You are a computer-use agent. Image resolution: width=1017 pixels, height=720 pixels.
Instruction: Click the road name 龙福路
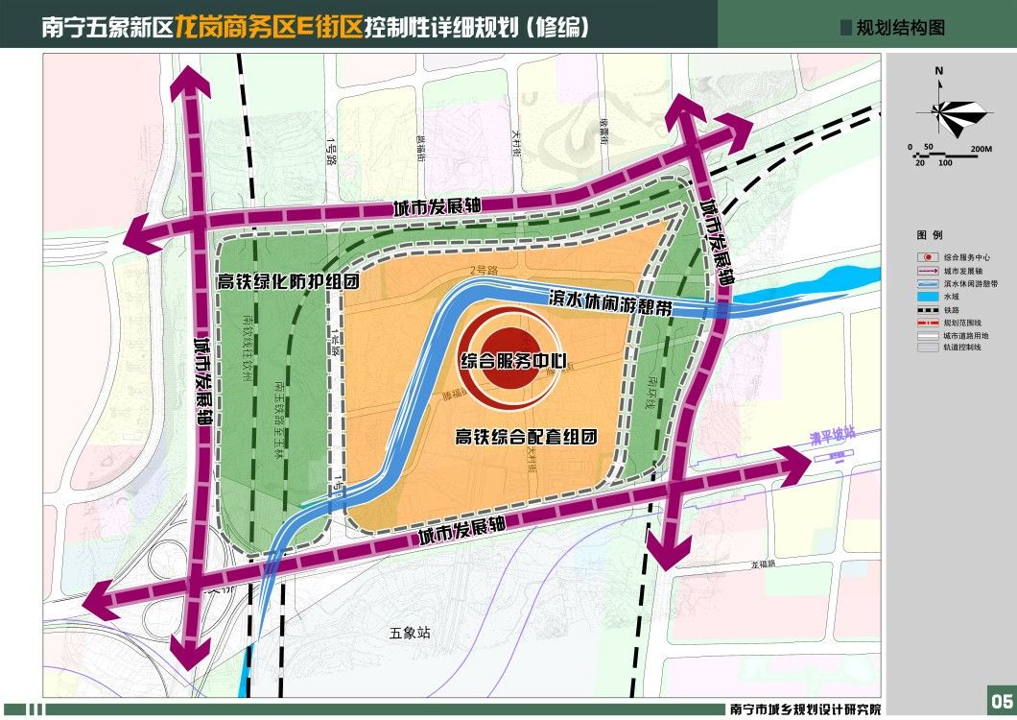(x=764, y=564)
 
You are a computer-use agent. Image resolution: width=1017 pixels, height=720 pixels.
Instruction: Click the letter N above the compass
(x=939, y=71)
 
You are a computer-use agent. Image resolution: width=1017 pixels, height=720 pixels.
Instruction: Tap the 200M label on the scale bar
(x=980, y=149)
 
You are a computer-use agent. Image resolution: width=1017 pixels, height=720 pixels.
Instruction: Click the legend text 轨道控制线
(x=962, y=348)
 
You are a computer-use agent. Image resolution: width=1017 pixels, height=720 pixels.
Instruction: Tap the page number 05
(x=1000, y=697)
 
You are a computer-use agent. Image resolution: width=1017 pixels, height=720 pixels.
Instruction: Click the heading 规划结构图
(x=900, y=28)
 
